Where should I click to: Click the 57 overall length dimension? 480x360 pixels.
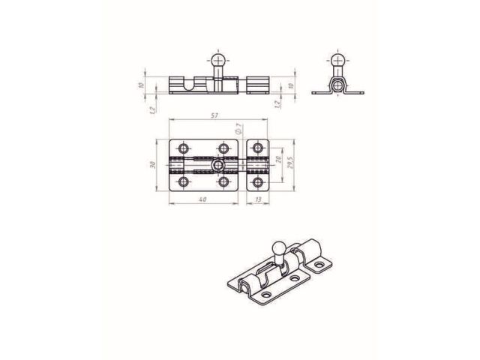coord(215,116)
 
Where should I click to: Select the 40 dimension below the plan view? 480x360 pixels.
coord(202,200)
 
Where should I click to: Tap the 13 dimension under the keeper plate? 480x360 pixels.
coord(258,200)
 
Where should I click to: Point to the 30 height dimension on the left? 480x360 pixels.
coord(151,165)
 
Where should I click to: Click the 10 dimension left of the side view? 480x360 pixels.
coord(142,85)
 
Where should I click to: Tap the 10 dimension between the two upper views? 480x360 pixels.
coord(290,85)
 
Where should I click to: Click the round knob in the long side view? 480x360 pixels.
coord(218,58)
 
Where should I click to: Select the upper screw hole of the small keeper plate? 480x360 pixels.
coord(258,148)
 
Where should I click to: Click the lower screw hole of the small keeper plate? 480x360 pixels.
coord(258,182)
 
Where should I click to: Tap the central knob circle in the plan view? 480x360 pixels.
coord(218,165)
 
